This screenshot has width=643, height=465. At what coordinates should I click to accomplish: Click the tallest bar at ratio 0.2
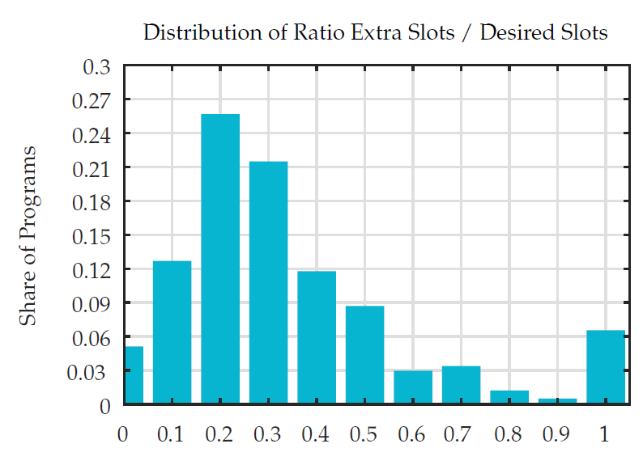pos(220,259)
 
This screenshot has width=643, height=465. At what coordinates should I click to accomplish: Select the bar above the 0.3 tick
pos(268,282)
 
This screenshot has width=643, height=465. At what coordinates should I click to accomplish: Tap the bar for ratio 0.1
pos(172,332)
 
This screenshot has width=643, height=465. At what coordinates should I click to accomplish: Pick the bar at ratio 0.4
pos(317,337)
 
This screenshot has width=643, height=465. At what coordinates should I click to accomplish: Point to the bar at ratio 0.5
pos(364,355)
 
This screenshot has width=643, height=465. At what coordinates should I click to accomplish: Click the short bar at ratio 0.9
pos(557,401)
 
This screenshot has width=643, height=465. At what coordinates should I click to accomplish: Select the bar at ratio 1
pos(606,367)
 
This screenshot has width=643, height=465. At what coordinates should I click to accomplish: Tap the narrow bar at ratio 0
pos(134,375)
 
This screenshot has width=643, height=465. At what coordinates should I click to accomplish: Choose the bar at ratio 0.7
pos(461,385)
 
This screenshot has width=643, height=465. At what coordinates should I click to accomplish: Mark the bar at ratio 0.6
pos(413,387)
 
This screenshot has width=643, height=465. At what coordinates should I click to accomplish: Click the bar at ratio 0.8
pos(509,397)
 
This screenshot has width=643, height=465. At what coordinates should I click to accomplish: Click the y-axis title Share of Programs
pos(29,235)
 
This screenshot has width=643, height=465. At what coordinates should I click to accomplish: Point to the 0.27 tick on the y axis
pos(96,100)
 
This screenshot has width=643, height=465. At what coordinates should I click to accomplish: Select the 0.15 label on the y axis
pos(96,235)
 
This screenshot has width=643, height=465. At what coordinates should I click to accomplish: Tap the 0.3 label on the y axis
pos(100,66)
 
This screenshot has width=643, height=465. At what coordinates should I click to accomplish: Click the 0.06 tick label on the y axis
pos(96,337)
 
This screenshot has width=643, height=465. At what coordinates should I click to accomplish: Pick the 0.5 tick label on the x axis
pos(364,434)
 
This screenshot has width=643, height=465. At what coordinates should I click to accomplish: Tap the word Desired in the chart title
pos(513,33)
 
